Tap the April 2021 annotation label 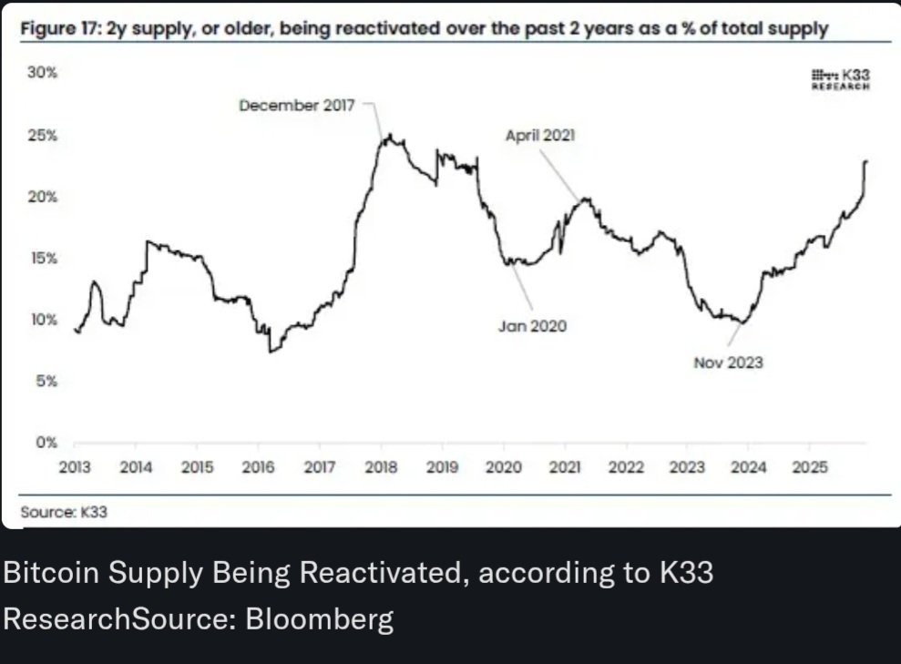tap(540, 136)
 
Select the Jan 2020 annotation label tap(532, 325)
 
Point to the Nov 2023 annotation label tap(728, 362)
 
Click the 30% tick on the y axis tap(42, 73)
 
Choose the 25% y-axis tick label tap(42, 136)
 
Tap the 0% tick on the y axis tap(46, 444)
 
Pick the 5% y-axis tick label tap(46, 381)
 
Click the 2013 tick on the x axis tap(75, 467)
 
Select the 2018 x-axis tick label tap(381, 467)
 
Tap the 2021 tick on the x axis tap(565, 467)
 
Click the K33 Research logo tap(840, 79)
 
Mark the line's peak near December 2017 tap(389, 135)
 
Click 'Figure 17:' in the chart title tap(59, 29)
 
